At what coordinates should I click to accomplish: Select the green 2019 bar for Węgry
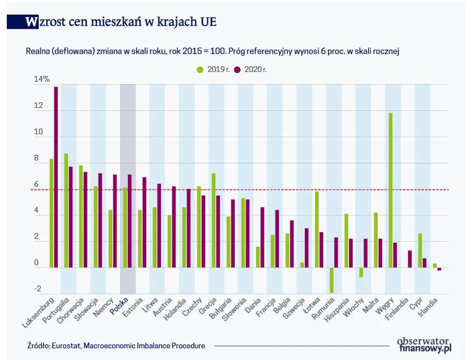tap(390, 190)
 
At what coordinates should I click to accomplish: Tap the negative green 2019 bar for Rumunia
tap(332, 280)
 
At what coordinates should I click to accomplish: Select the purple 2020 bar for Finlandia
tap(410, 259)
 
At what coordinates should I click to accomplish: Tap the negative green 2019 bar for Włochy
tap(361, 272)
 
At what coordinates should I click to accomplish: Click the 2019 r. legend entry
tap(213, 70)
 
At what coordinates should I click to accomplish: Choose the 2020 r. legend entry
tap(251, 70)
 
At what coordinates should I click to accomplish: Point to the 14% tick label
tap(41, 79)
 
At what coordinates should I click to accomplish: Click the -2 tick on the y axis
tap(37, 289)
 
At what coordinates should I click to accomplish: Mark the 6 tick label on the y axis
tap(36, 184)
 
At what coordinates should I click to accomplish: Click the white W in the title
tap(32, 22)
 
